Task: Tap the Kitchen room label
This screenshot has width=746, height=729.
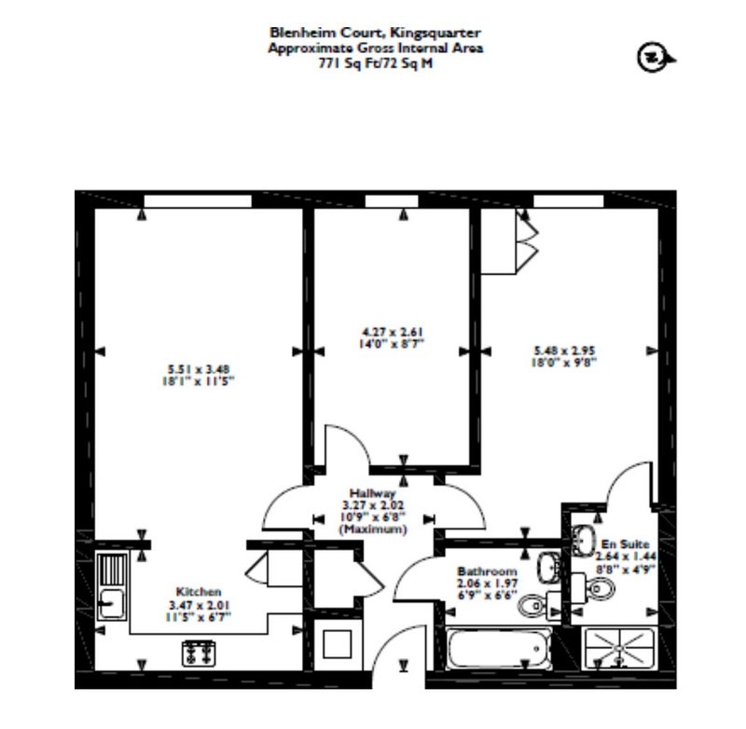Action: coord(199,592)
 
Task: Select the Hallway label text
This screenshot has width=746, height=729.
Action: coord(372,493)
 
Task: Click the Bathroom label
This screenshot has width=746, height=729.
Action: coord(487,571)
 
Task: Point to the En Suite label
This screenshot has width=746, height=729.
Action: coord(625,544)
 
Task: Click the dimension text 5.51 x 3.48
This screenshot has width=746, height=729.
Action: coord(199,368)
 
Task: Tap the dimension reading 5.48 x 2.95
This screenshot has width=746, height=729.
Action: coord(564,351)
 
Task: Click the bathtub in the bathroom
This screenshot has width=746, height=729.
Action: coord(499,648)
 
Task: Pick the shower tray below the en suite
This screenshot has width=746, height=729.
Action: coord(619,648)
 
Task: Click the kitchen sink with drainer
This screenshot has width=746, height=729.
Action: coord(112,586)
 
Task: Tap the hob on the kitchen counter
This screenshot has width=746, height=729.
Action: coord(199,653)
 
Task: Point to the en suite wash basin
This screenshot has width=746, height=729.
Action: coord(584,541)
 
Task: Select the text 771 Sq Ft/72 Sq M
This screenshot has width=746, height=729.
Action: coord(376,62)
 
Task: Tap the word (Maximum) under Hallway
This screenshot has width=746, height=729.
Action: coord(372,529)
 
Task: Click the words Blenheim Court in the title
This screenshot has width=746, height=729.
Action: coord(327,33)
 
